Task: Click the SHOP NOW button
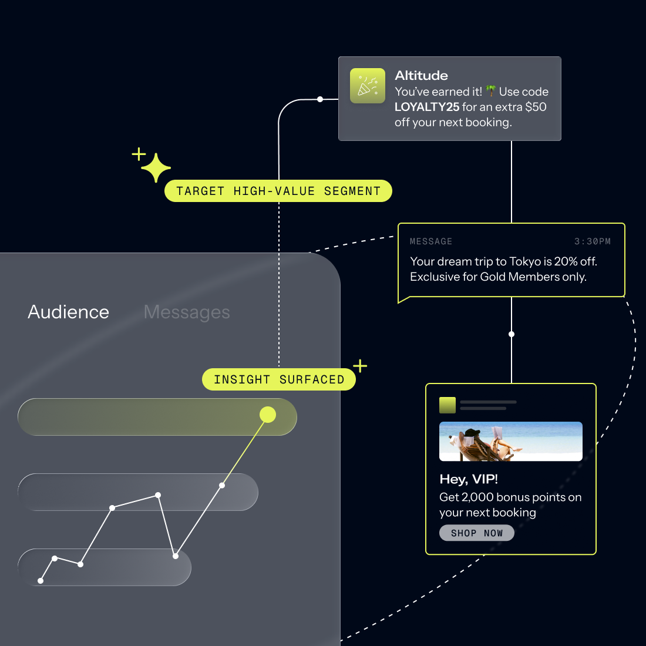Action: point(476,533)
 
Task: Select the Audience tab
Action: point(68,312)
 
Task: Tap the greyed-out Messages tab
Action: point(187,312)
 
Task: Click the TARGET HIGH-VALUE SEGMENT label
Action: point(278,191)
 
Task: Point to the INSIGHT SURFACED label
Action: point(279,379)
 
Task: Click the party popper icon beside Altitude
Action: point(368,86)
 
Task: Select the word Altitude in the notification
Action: point(421,76)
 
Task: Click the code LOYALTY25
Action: point(427,107)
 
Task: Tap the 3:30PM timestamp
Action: point(592,241)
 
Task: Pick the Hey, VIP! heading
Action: point(469,479)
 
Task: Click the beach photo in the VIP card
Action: point(511,441)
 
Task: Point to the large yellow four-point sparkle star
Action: point(156,168)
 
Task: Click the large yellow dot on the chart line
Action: point(268,415)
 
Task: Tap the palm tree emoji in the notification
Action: point(491,92)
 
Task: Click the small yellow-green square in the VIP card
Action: point(448,405)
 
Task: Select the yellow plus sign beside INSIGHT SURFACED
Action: point(360,366)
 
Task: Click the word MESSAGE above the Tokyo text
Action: point(431,241)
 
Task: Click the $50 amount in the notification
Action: point(536,107)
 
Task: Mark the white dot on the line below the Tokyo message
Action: point(512,334)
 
